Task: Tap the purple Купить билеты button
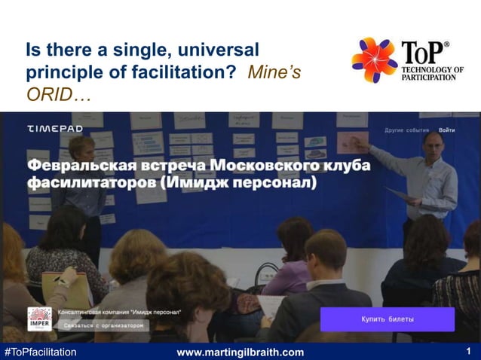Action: pos(387,319)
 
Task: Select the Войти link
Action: pos(447,130)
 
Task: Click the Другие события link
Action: pos(406,130)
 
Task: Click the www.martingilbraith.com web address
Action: pos(240,352)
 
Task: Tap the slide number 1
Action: pos(468,351)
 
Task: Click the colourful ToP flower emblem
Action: pos(374,60)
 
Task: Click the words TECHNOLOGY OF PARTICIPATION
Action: pos(432,75)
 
